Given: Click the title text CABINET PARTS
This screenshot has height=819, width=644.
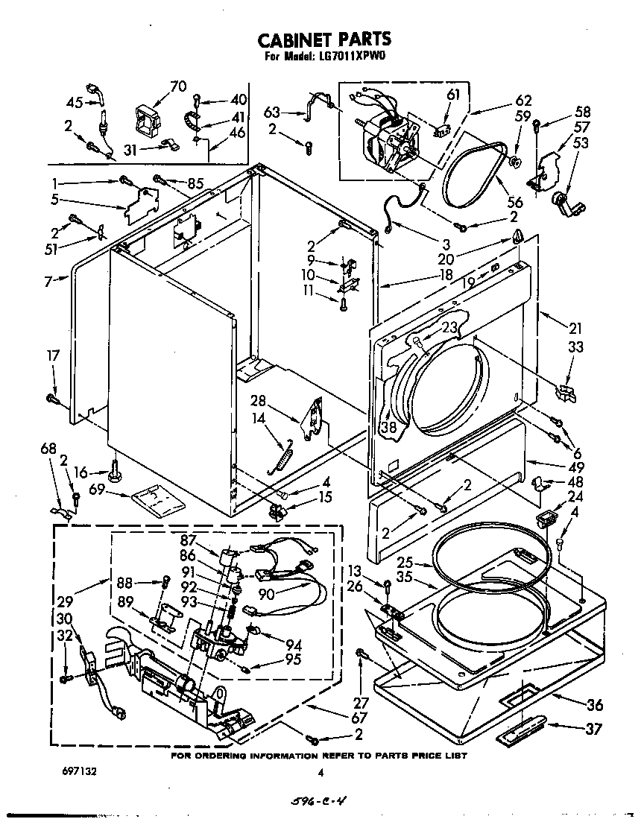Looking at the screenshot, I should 323,39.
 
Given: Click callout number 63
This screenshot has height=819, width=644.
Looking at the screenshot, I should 273,113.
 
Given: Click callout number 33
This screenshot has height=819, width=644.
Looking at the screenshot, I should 575,347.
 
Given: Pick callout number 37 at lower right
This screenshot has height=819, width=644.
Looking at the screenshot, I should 593,729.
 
